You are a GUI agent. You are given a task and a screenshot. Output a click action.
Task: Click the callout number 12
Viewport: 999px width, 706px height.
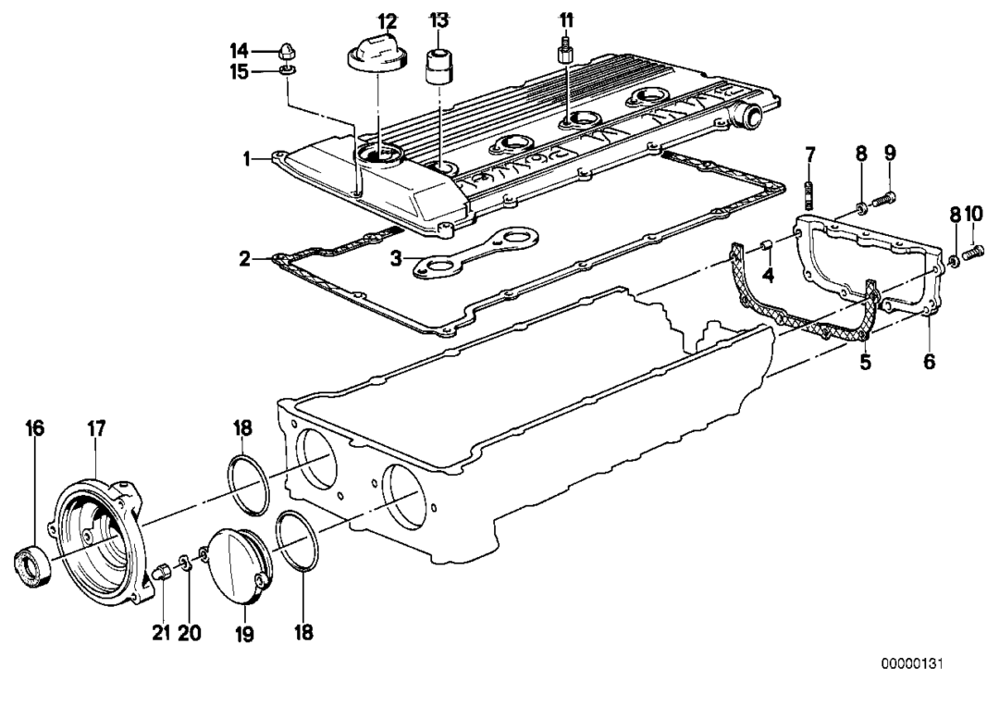[387, 20]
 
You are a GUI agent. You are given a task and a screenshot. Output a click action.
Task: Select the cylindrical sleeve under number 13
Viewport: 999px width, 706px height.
[438, 66]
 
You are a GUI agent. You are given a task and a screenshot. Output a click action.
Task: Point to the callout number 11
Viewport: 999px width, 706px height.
[565, 19]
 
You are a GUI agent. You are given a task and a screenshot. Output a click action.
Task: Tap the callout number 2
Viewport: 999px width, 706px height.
[244, 259]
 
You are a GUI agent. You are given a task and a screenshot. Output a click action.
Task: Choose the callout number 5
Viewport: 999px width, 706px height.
[865, 363]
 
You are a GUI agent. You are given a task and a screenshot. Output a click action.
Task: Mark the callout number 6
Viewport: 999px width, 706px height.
[929, 363]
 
